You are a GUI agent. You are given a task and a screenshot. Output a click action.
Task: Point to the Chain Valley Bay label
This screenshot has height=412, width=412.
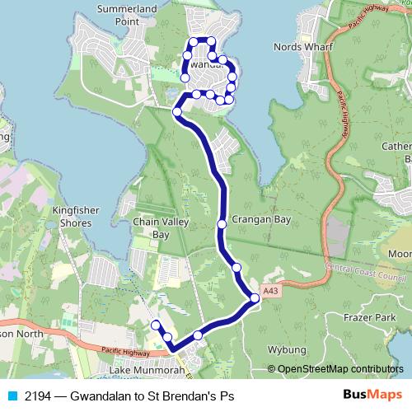tap(162, 227)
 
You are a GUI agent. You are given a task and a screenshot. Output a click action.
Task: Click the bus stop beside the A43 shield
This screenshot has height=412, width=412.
tap(255, 298)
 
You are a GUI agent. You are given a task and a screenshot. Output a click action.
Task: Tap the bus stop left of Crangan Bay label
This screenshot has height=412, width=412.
tap(222, 223)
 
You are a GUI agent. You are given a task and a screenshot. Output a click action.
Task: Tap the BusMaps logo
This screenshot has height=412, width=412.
tap(376, 395)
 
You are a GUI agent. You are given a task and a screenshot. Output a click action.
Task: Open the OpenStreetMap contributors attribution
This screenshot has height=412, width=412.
tap(340, 370)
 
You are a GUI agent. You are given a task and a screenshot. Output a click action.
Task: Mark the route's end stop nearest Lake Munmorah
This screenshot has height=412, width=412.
tap(155, 324)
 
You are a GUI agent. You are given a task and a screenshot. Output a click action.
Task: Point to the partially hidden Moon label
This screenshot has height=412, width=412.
tap(400, 254)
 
